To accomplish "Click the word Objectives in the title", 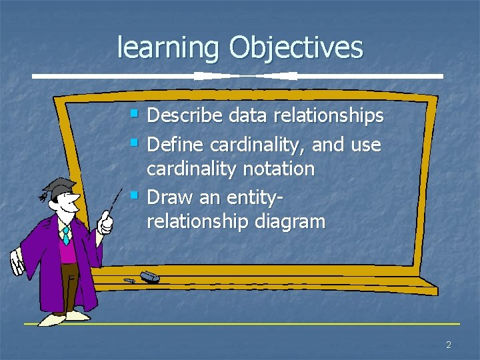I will pos(296,48).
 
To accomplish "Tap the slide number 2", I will pos(449,345).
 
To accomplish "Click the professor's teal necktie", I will pos(66,235).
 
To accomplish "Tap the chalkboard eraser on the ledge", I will pos(149,276).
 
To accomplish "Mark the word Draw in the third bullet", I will pos(166,197).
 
